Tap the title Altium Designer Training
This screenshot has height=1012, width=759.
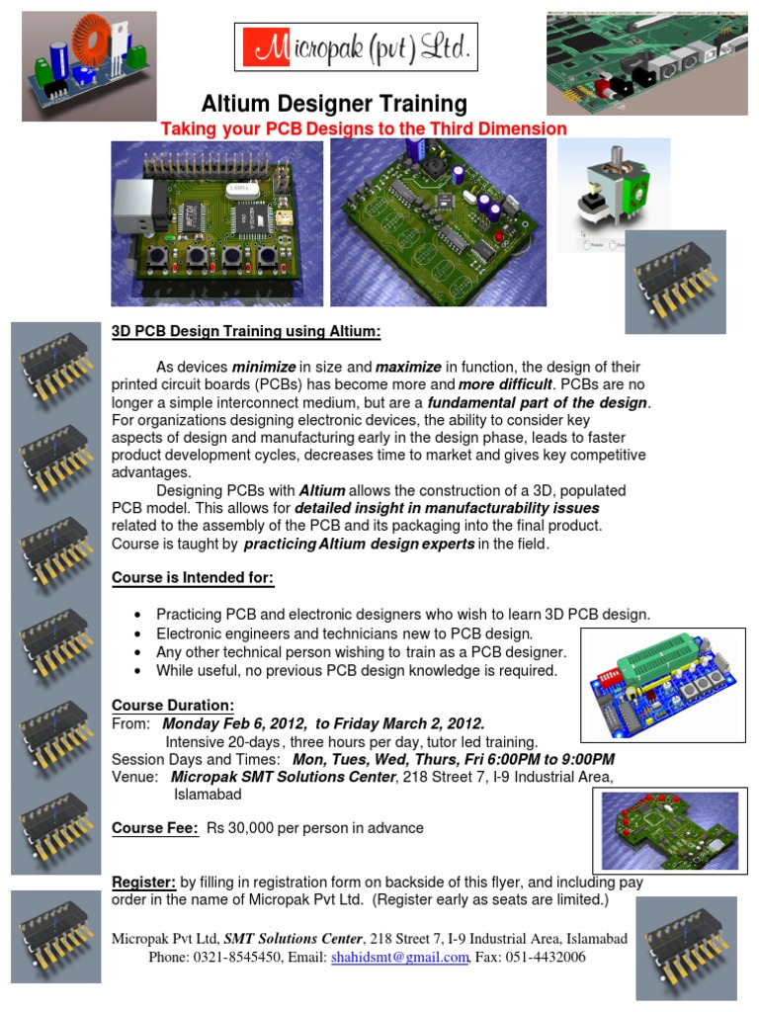pos(334,104)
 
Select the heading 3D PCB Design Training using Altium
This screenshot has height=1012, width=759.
pos(245,331)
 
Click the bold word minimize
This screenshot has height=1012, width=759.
pos(264,368)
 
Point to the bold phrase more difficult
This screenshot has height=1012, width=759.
pos(505,384)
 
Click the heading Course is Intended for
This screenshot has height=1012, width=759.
pos(193,577)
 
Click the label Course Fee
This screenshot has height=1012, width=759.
pos(156,828)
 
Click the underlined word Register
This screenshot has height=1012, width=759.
pos(143,882)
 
